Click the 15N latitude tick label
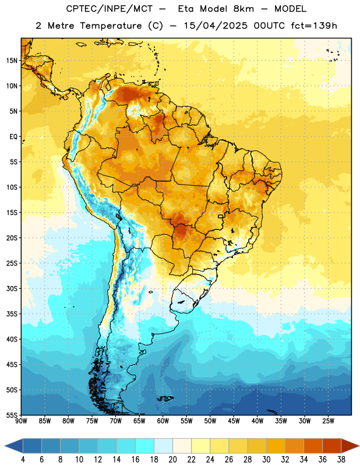pyautogui.click(x=12, y=61)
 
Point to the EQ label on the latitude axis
pyautogui.click(x=13, y=137)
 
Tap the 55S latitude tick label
pyautogui.click(x=12, y=415)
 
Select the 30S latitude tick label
pyautogui.click(x=12, y=288)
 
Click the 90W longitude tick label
pyautogui.click(x=22, y=421)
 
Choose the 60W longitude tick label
pyautogui.click(x=163, y=421)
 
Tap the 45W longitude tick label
pyautogui.click(x=234, y=421)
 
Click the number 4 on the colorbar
pyautogui.click(x=23, y=460)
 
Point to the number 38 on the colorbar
pyautogui.click(x=341, y=460)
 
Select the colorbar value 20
pyautogui.click(x=172, y=460)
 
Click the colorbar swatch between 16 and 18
pyautogui.click(x=144, y=446)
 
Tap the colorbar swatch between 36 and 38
pyautogui.click(x=332, y=446)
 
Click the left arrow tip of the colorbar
pyautogui.click(x=5, y=446)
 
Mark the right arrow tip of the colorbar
pyautogui.click(x=359, y=446)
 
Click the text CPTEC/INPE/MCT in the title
pyautogui.click(x=109, y=9)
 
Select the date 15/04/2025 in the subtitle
pyautogui.click(x=216, y=26)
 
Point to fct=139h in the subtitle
pyautogui.click(x=314, y=26)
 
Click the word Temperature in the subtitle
pyautogui.click(x=111, y=26)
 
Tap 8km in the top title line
pyautogui.click(x=243, y=9)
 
